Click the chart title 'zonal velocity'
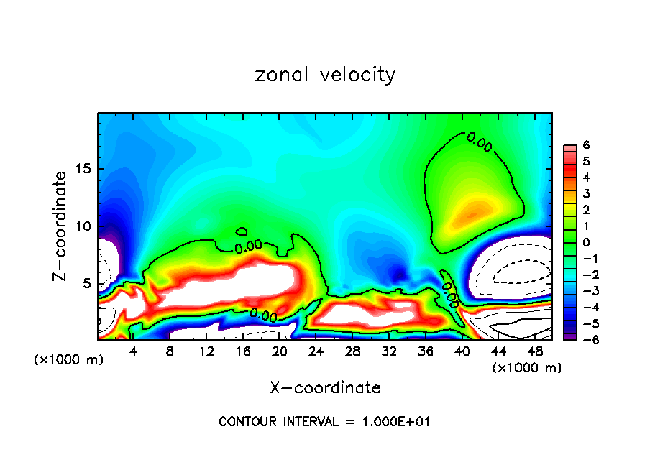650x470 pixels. pos(325,75)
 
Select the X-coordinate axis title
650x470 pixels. pos(325,388)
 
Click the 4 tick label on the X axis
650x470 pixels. pos(133,351)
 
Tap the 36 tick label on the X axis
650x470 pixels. pos(425,351)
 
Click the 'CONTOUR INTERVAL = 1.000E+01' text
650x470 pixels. pos(324,422)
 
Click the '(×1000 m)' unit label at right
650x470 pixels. pos(527,368)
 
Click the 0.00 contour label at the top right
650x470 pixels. pos(480,142)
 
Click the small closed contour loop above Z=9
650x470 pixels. pos(242,231)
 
